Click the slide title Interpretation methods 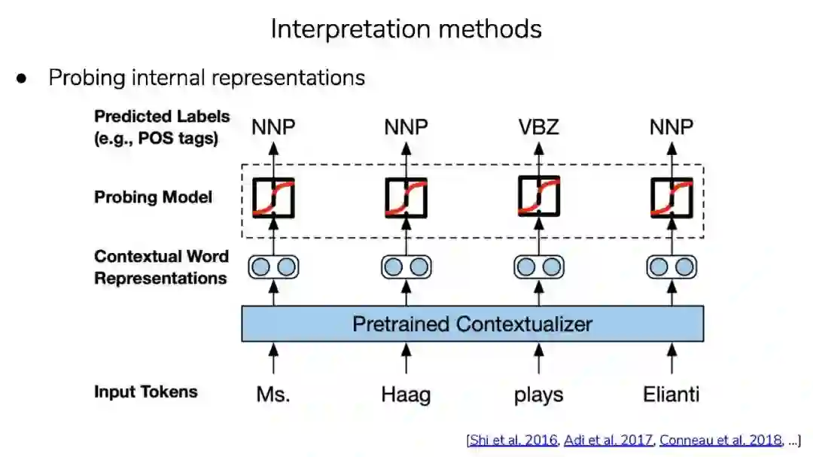(406, 29)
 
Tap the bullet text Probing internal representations (207, 78)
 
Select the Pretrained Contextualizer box (472, 324)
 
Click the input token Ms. (273, 393)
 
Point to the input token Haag (406, 394)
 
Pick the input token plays (538, 394)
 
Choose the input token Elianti (671, 393)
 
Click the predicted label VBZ (538, 127)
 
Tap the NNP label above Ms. (273, 127)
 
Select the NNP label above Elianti (671, 127)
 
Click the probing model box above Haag (406, 198)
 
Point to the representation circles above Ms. (273, 267)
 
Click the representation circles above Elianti (671, 267)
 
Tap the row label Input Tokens (145, 391)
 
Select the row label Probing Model (153, 197)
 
